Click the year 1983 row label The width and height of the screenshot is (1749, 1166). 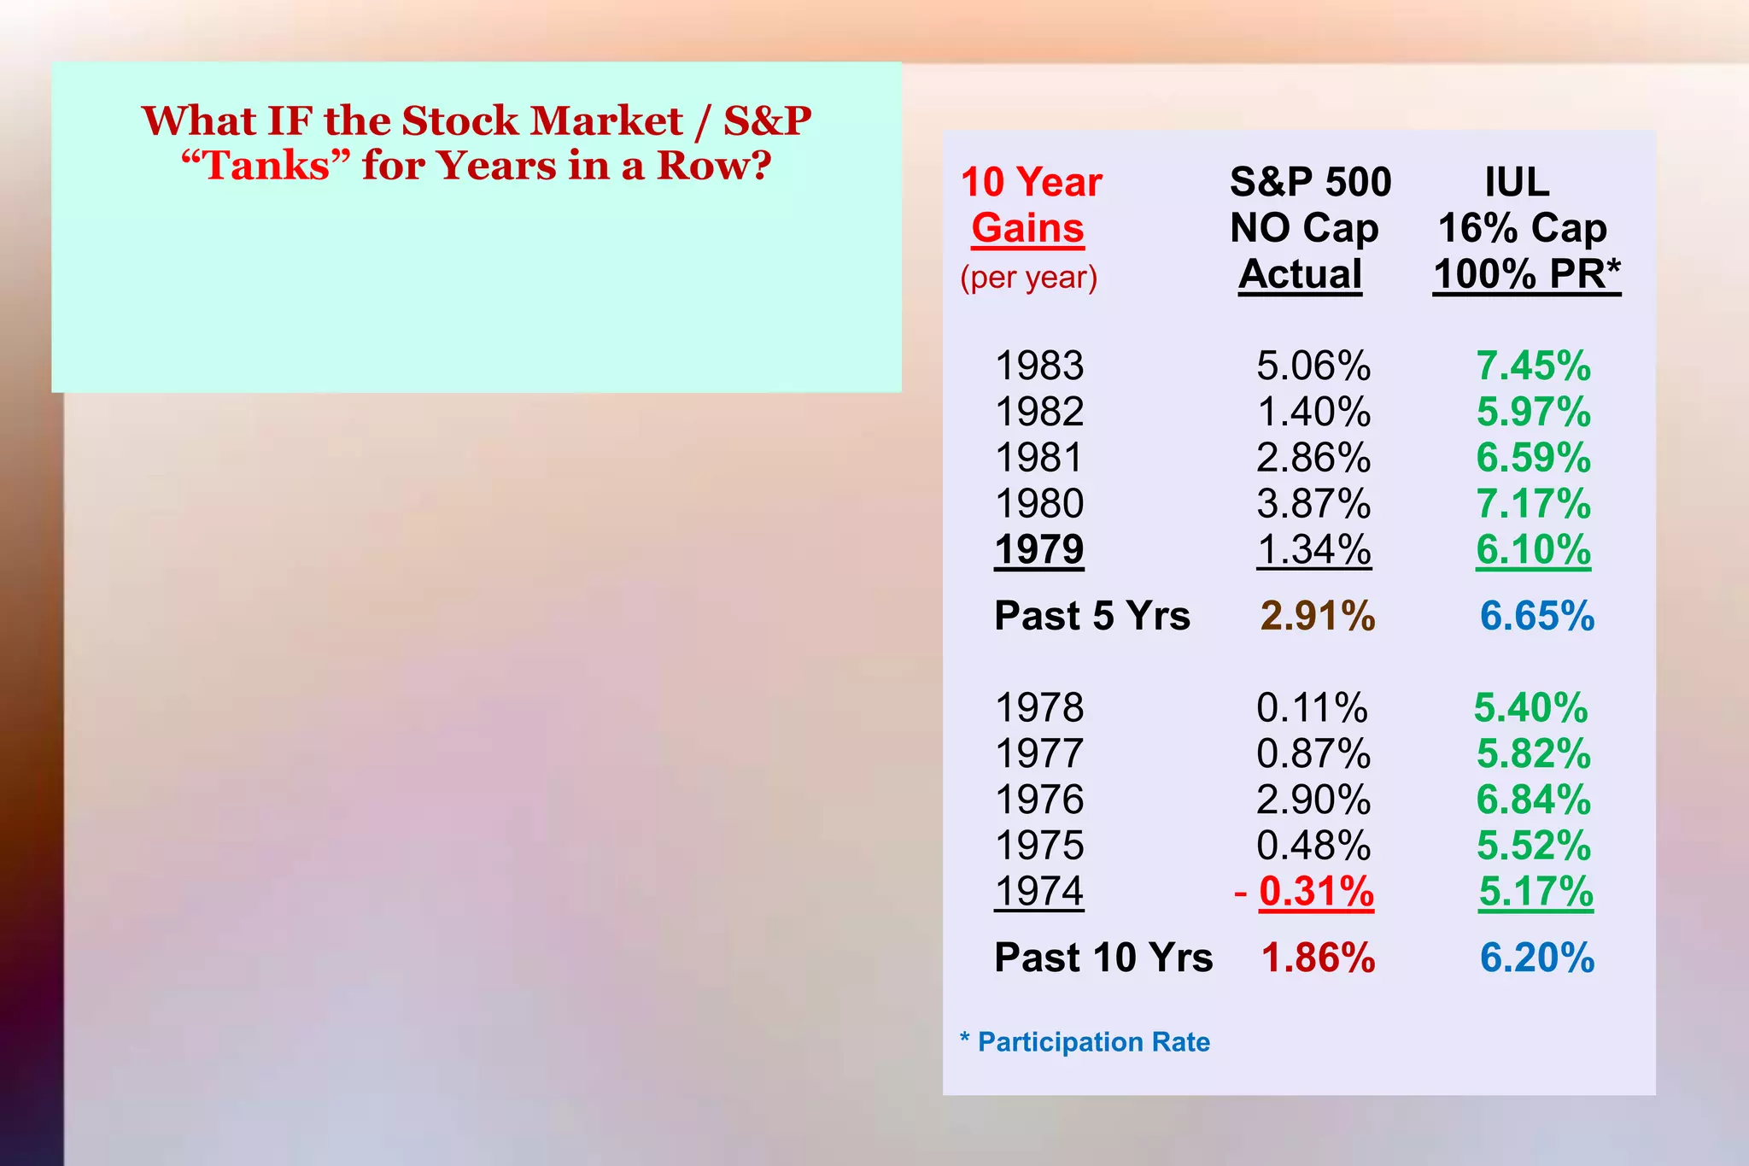point(1039,366)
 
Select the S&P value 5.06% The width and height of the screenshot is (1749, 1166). point(1313,366)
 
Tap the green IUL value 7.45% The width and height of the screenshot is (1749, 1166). point(1534,366)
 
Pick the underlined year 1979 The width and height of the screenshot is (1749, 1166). point(1039,549)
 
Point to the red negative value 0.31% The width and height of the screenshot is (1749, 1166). point(1316,892)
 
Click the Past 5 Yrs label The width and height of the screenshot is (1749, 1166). point(1092,616)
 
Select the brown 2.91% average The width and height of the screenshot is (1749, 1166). point(1318,616)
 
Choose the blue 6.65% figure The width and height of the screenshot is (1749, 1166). point(1537,616)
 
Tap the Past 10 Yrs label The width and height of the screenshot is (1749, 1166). point(1103,958)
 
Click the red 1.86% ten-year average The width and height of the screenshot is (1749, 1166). point(1318,958)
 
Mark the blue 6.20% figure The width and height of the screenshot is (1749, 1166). point(1537,958)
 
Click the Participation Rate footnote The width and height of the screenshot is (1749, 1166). point(1093,1042)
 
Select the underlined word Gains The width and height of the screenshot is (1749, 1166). point(1027,229)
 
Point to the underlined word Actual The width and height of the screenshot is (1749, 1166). point(1300,274)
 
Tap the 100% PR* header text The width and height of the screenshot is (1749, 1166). point(1527,274)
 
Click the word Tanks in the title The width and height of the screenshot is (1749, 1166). point(266,166)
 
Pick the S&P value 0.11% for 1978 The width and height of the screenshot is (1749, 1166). point(1312,708)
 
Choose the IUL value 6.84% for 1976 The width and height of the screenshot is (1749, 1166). point(1534,800)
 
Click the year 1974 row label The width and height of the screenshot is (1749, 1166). point(1039,892)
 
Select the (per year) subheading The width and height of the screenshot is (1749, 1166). point(1028,278)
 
